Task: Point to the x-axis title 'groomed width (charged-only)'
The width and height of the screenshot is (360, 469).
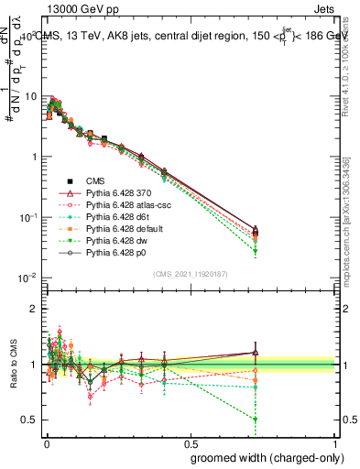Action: click(263, 457)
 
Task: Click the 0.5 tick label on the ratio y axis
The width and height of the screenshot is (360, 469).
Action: click(29, 420)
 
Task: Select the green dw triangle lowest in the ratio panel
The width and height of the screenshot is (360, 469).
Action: click(256, 420)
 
